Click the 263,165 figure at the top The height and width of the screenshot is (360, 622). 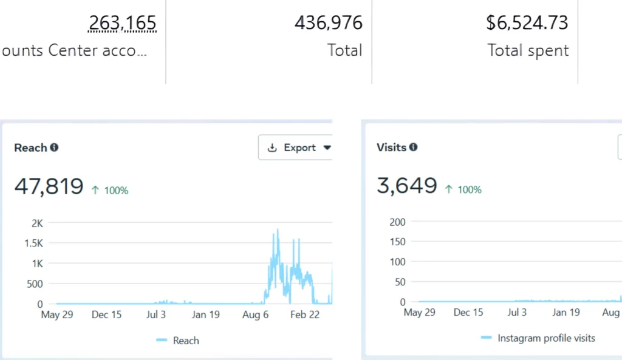122,23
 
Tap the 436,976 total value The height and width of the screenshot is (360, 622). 328,23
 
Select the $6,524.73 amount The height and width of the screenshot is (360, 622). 527,23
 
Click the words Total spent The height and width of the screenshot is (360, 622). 528,50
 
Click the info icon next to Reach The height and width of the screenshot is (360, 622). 54,148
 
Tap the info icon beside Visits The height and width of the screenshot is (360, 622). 413,147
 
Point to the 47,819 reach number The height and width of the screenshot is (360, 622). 49,186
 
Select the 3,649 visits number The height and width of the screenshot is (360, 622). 406,186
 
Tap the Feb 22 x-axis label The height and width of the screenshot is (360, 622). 305,314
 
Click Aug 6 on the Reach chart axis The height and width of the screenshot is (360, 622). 255,314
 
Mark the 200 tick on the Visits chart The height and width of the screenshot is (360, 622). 397,222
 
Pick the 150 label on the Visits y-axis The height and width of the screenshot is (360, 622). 397,242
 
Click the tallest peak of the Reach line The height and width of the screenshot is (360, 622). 278,230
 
